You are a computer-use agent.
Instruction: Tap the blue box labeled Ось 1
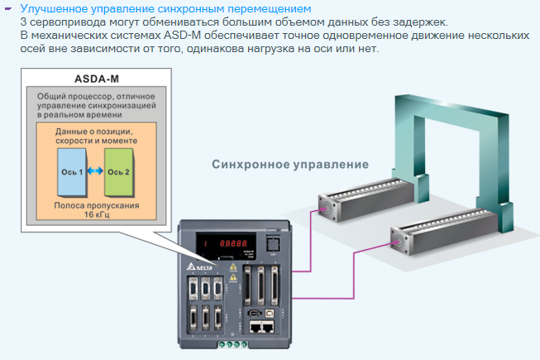click(70, 171)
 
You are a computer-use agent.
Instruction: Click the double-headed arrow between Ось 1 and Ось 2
click(94, 171)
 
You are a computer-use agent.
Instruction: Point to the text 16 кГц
click(96, 214)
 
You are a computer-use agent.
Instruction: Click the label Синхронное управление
click(289, 164)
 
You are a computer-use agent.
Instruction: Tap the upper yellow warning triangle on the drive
click(234, 269)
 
